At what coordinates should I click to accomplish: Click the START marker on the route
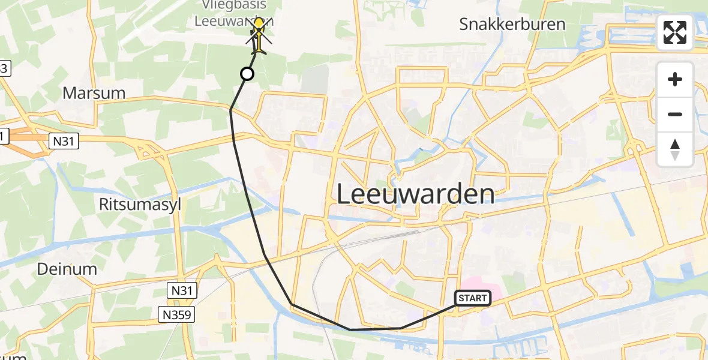click(473, 298)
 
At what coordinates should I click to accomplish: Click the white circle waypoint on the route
click(247, 74)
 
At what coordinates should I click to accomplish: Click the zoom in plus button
click(675, 80)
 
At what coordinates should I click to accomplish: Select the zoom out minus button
click(675, 114)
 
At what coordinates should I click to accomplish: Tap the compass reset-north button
click(675, 149)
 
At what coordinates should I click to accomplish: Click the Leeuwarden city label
click(415, 194)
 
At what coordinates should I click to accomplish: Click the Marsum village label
click(94, 93)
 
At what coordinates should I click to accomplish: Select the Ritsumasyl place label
click(140, 204)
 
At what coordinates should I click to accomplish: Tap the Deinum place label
click(67, 269)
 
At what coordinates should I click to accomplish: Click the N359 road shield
click(177, 314)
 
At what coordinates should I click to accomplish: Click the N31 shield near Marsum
click(62, 142)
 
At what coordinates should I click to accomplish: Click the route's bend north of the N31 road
click(230, 110)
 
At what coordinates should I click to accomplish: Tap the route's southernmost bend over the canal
click(350, 329)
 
